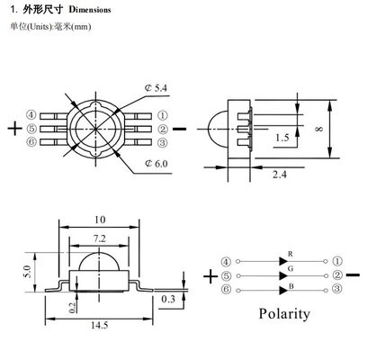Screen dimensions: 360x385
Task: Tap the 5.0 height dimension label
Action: pyautogui.click(x=28, y=268)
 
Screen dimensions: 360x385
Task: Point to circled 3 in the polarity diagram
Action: pyautogui.click(x=336, y=289)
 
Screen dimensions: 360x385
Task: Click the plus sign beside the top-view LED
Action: pyautogui.click(x=13, y=127)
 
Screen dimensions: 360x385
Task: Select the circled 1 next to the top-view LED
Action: pyautogui.click(x=163, y=115)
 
